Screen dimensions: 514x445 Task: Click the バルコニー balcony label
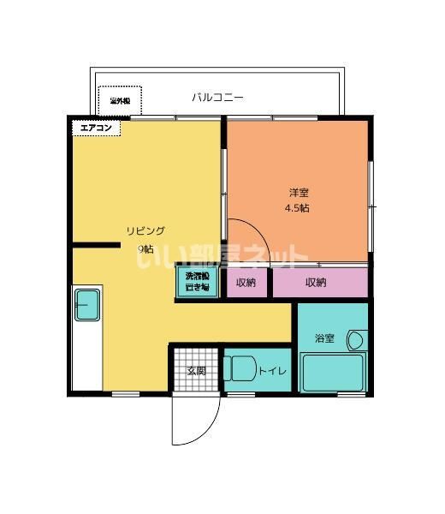click(x=219, y=98)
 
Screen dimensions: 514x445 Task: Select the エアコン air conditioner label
click(x=95, y=128)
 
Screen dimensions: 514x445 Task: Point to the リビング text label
click(x=145, y=230)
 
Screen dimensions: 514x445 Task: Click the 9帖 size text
click(x=146, y=249)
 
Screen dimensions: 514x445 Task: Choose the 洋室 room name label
click(x=297, y=191)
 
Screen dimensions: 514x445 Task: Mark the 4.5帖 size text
click(x=297, y=208)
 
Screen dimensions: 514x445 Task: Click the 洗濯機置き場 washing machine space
click(x=197, y=282)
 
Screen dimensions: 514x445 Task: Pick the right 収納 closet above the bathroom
click(x=315, y=283)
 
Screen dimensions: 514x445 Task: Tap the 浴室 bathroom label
click(x=324, y=339)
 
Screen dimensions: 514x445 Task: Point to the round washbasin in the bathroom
click(x=355, y=341)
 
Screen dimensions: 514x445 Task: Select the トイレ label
click(x=272, y=371)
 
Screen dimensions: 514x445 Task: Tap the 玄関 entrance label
click(x=196, y=371)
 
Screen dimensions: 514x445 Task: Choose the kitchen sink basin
click(x=87, y=305)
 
